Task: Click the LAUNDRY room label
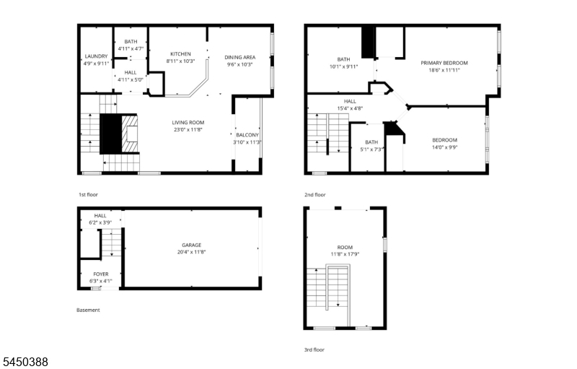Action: pyautogui.click(x=96, y=56)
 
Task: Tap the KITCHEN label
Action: pyautogui.click(x=181, y=53)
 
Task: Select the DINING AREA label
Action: pyautogui.click(x=240, y=57)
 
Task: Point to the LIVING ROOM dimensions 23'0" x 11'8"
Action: pyautogui.click(x=188, y=130)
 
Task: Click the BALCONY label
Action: pyautogui.click(x=247, y=135)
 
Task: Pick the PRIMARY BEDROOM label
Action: pyautogui.click(x=444, y=63)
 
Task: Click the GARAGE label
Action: pyautogui.click(x=192, y=245)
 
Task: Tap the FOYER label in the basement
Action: pyautogui.click(x=101, y=274)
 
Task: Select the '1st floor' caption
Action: pyautogui.click(x=88, y=194)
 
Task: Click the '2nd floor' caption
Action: pyautogui.click(x=315, y=194)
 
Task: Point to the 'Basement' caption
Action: pyautogui.click(x=88, y=310)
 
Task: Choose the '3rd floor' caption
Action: pyautogui.click(x=314, y=350)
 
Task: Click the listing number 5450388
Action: pyautogui.click(x=25, y=362)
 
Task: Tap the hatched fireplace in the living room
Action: pyautogui.click(x=131, y=134)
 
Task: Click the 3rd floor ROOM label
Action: pyautogui.click(x=345, y=247)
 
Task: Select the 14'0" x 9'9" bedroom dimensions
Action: pyautogui.click(x=444, y=147)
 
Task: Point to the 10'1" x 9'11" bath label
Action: pyautogui.click(x=344, y=66)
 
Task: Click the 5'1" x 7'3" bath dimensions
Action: pyautogui.click(x=371, y=149)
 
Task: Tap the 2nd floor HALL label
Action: pyautogui.click(x=350, y=101)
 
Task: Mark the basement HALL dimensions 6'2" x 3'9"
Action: pyautogui.click(x=100, y=222)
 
